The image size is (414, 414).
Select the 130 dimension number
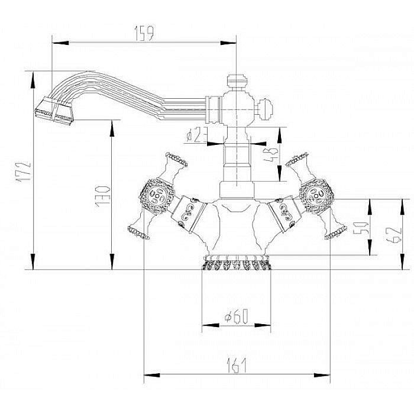(x=104, y=195)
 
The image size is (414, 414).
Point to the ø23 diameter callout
(x=197, y=135)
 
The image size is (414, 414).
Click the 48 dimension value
(x=273, y=156)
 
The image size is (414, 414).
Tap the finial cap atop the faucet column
(x=237, y=81)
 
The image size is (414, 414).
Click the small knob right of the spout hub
(x=267, y=109)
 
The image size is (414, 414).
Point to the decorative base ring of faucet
(x=237, y=263)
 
